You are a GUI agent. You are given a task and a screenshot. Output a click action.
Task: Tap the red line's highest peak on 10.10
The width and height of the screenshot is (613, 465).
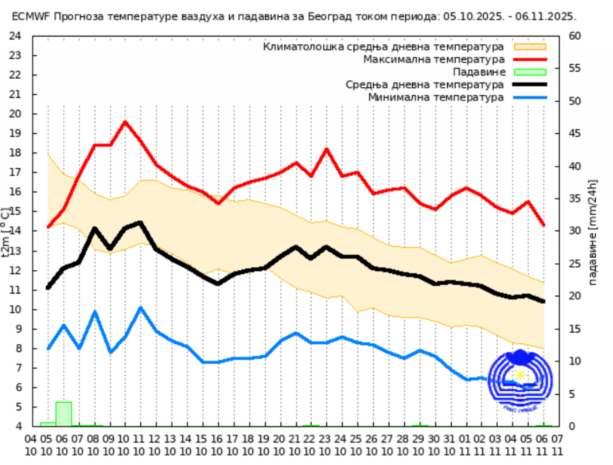pyautogui.click(x=125, y=122)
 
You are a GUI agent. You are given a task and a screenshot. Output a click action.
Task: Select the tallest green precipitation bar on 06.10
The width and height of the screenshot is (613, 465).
pyautogui.click(x=64, y=414)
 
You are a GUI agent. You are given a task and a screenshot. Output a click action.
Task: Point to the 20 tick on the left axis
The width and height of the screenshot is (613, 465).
pyautogui.click(x=15, y=114)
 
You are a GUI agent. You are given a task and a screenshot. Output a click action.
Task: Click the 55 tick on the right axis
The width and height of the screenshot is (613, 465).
pyautogui.click(x=574, y=68)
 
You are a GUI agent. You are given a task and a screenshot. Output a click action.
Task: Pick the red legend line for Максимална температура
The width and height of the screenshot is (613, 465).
pyautogui.click(x=530, y=60)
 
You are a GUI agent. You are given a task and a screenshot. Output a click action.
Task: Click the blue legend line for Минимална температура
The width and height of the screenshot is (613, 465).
pyautogui.click(x=530, y=98)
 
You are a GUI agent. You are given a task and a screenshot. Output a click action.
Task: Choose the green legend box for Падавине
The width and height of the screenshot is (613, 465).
pyautogui.click(x=530, y=72)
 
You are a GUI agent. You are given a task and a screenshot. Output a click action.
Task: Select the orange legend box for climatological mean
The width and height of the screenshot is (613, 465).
pyautogui.click(x=530, y=47)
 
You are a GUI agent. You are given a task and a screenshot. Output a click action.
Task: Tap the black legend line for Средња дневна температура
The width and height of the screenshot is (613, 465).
pyautogui.click(x=530, y=85)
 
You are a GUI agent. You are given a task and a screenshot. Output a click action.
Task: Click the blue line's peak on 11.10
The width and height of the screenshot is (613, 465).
pyautogui.click(x=141, y=308)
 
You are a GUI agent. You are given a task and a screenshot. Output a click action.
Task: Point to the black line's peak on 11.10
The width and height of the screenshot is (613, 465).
pyautogui.click(x=140, y=223)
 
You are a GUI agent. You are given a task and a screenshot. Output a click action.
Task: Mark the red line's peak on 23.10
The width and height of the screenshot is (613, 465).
pyautogui.click(x=327, y=149)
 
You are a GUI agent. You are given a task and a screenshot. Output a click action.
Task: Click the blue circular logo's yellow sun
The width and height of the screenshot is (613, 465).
pyautogui.click(x=520, y=375)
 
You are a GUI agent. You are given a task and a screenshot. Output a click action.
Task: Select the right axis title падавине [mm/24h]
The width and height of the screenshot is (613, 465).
pyautogui.click(x=593, y=232)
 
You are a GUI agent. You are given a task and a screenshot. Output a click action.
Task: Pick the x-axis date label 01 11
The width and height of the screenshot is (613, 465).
pyautogui.click(x=465, y=445)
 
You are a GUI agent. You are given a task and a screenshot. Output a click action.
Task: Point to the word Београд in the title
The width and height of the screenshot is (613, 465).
pyautogui.click(x=330, y=16)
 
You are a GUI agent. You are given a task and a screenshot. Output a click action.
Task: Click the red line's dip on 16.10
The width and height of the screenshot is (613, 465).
pyautogui.click(x=219, y=203)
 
